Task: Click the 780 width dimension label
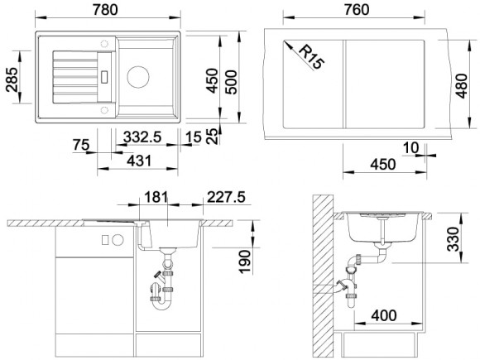105,10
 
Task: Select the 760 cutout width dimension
357,10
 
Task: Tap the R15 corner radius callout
310,56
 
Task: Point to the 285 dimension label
12,80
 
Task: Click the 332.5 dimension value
142,137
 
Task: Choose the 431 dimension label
139,161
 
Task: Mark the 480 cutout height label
462,86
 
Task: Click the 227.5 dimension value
226,197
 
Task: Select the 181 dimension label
156,197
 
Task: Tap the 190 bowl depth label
245,262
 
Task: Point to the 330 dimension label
453,239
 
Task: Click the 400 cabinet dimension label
384,315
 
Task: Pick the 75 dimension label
81,145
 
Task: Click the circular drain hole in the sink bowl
138,76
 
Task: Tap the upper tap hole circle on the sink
104,44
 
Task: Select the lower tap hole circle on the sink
104,109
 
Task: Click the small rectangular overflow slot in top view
104,76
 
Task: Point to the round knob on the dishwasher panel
118,240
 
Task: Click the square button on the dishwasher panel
105,240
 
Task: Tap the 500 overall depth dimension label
231,82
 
